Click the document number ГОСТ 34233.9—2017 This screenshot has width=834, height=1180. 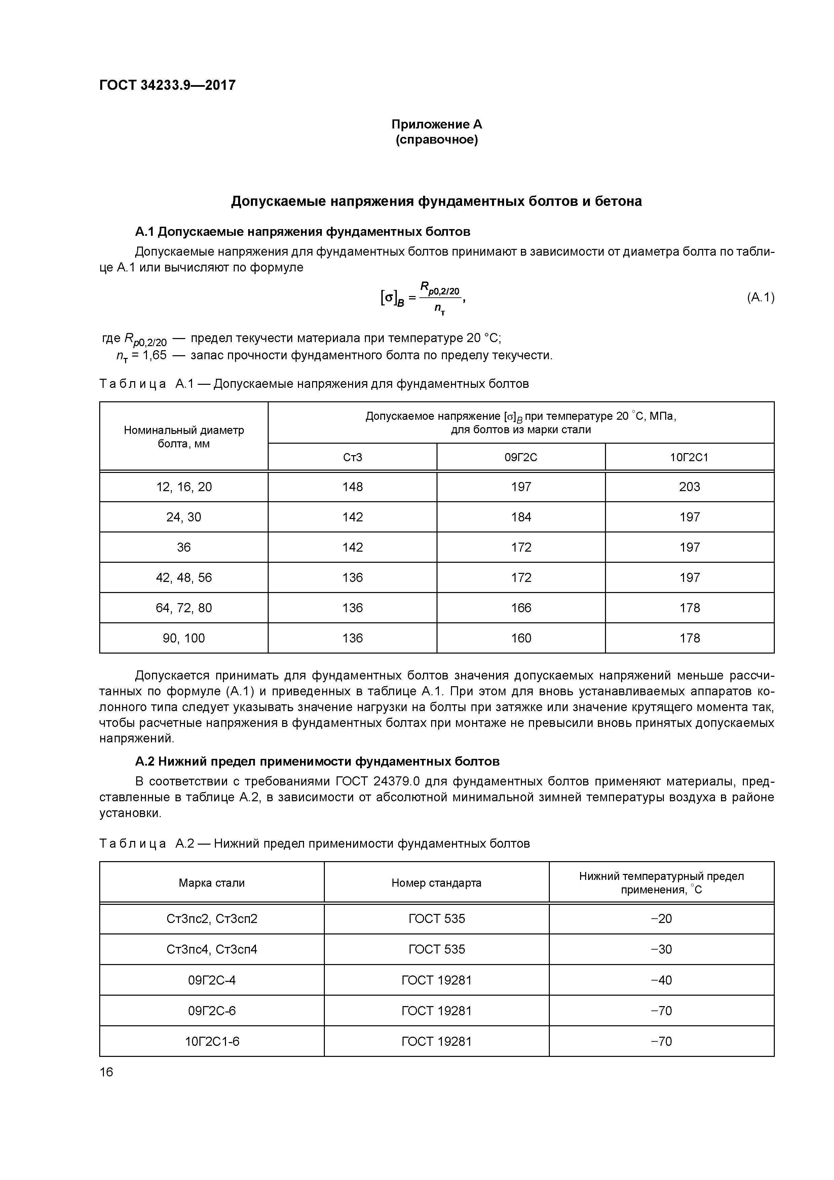pyautogui.click(x=167, y=85)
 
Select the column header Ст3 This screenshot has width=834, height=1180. pyautogui.click(x=352, y=457)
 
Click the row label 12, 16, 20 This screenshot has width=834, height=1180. pyautogui.click(x=184, y=487)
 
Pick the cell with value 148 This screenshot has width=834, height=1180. pyautogui.click(x=352, y=487)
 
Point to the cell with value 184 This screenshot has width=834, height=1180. pyautogui.click(x=521, y=517)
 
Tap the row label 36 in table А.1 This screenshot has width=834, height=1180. pyautogui.click(x=184, y=547)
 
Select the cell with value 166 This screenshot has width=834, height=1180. pyautogui.click(x=521, y=608)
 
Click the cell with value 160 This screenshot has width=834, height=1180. pyautogui.click(x=521, y=638)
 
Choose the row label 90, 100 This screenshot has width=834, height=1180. pyautogui.click(x=184, y=638)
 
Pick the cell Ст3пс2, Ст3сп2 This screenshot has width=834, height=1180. pyautogui.click(x=212, y=918)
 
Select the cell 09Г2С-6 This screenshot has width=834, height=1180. pyautogui.click(x=212, y=1011)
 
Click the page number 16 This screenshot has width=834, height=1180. pyautogui.click(x=106, y=1072)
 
